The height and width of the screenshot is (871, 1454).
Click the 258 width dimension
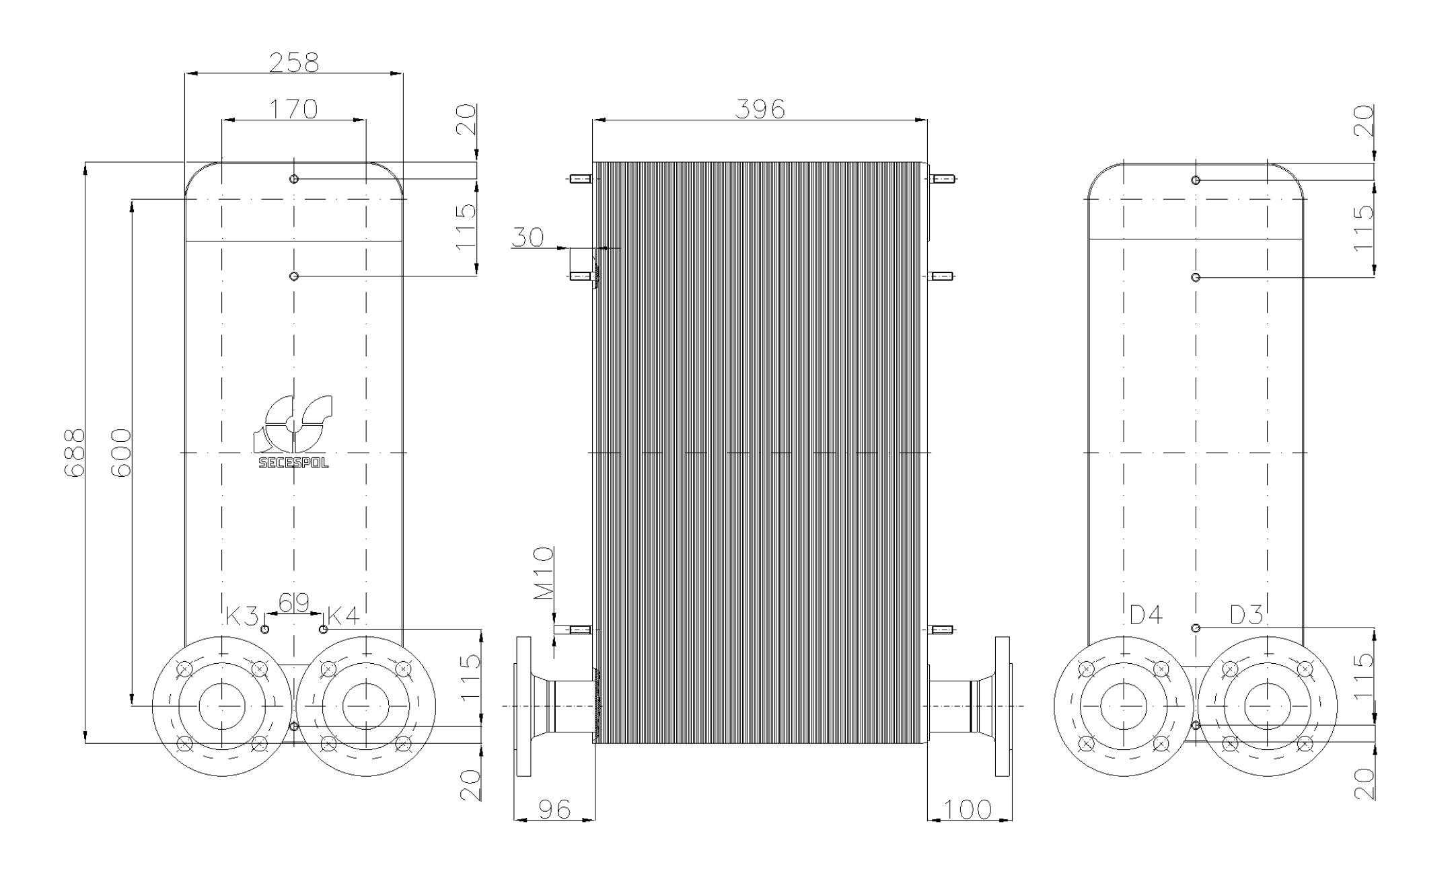294,63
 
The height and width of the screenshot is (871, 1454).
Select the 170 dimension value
294,109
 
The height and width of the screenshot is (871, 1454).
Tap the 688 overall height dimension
74,453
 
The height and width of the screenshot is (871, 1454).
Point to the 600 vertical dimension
120,453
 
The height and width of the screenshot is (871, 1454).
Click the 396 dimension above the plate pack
760,109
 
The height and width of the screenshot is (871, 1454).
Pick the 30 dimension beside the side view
528,237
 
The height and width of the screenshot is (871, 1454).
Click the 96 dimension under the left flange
554,809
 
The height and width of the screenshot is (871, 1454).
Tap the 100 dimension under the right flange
968,809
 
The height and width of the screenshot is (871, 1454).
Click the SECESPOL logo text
294,463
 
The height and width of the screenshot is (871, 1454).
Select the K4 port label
343,615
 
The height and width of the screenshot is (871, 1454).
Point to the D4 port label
1146,615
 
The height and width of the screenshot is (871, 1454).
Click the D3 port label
1246,615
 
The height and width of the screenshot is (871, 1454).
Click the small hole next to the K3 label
265,629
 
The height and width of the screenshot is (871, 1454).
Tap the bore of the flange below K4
365,706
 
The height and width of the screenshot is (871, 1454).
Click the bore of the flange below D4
1123,706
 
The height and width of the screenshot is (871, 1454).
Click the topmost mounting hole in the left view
294,179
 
